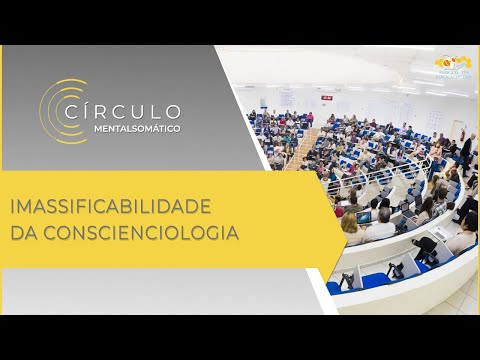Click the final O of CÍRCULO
[174, 110]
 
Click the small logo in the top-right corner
[454, 67]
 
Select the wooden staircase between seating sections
[301, 150]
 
